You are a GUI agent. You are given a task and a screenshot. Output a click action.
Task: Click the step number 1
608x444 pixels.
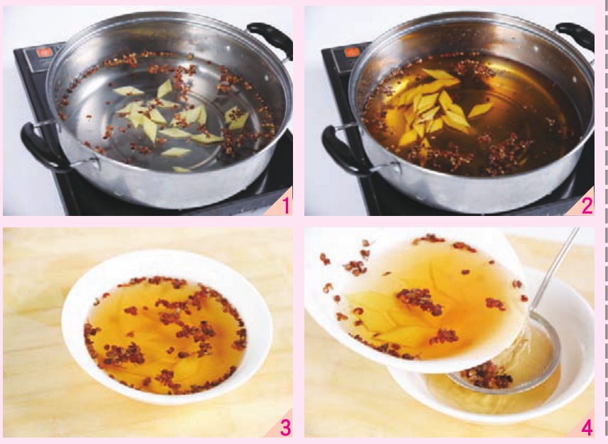tap(286, 205)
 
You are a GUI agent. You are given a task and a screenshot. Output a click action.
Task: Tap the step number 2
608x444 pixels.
tap(587, 205)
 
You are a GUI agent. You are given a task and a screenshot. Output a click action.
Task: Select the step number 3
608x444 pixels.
tap(285, 428)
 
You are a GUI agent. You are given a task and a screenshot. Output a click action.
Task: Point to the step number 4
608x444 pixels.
tap(587, 428)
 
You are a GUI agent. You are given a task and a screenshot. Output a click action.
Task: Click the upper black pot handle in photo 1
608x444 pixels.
tap(272, 38)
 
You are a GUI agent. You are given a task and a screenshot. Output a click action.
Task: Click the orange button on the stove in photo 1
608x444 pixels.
tap(44, 52)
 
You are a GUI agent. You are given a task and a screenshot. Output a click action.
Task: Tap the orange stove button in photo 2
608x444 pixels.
tap(351, 52)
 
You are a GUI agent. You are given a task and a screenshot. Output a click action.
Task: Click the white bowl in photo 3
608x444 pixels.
tap(167, 327)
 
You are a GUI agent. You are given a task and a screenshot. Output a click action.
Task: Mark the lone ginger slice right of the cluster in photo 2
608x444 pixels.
tap(480, 110)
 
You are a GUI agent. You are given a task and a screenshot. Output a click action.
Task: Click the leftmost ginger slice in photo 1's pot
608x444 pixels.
tap(128, 91)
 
